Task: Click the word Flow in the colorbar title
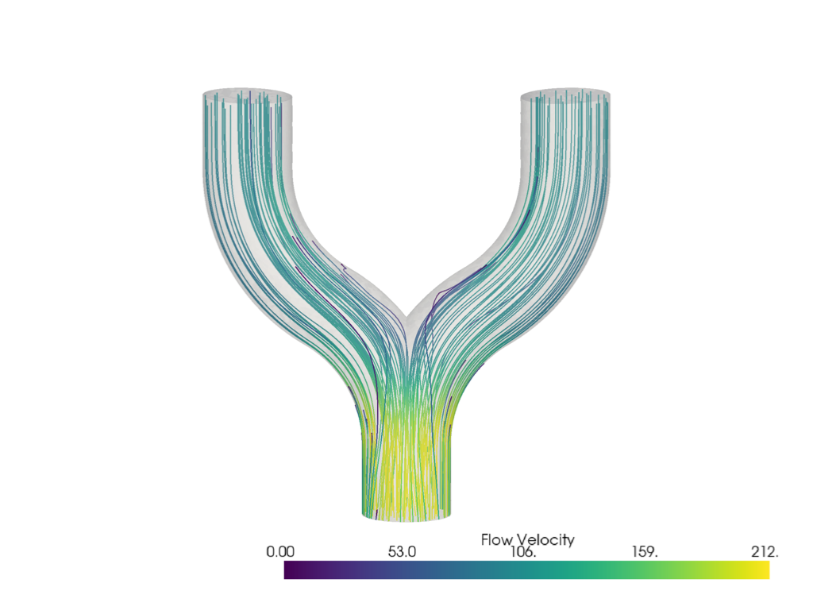[x=498, y=539]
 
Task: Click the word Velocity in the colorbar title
[x=545, y=539]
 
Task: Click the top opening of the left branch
[x=247, y=95]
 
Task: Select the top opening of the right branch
[x=565, y=95]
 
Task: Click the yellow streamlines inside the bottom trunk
[x=406, y=469]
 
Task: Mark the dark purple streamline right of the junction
[x=433, y=306]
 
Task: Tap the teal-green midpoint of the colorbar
[x=526, y=570]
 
